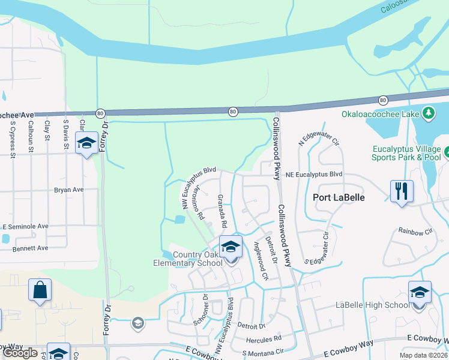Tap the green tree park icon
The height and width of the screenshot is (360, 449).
click(x=428, y=113)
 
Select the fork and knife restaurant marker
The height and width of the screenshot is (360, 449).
click(x=400, y=191)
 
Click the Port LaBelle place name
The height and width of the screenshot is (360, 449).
click(x=339, y=197)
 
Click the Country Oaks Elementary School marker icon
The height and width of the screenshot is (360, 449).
click(x=231, y=247)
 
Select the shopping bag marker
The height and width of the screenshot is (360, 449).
click(x=40, y=290)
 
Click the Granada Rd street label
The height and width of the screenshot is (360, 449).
click(x=222, y=211)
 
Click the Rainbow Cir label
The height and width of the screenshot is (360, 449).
click(x=416, y=230)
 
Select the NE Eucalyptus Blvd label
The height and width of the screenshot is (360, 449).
click(x=314, y=175)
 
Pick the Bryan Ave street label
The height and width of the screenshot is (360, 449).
click(x=69, y=190)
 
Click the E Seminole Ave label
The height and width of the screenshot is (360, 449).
click(x=25, y=226)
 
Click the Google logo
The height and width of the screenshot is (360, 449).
click(x=20, y=353)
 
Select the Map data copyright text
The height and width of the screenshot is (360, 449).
click(x=423, y=355)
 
